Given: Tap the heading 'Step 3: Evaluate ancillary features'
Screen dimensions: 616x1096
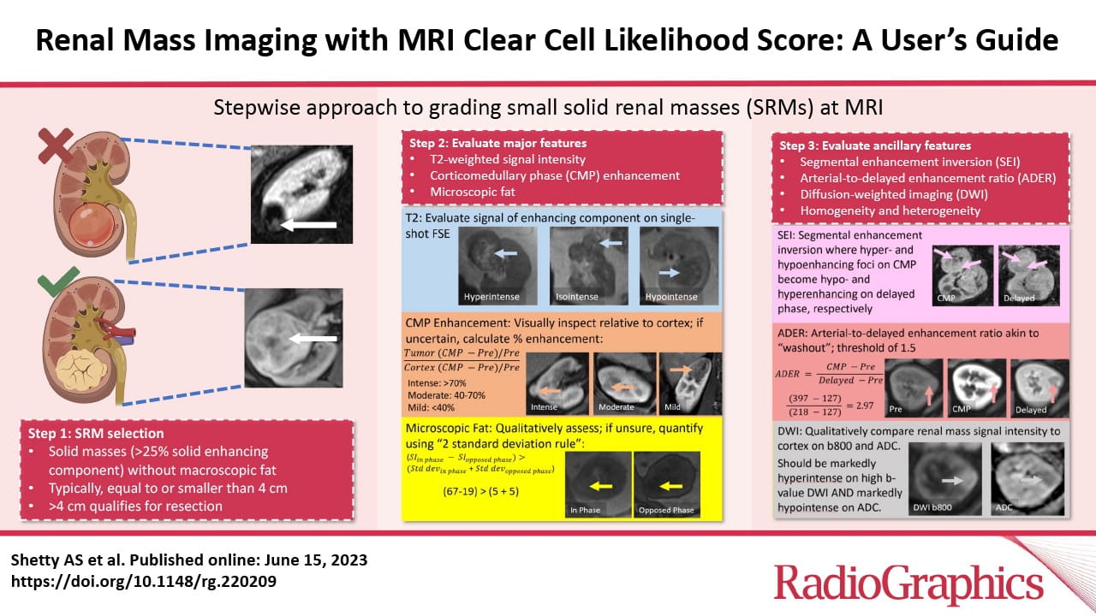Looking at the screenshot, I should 875,145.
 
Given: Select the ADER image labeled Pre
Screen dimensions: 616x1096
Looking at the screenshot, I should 914,383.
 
